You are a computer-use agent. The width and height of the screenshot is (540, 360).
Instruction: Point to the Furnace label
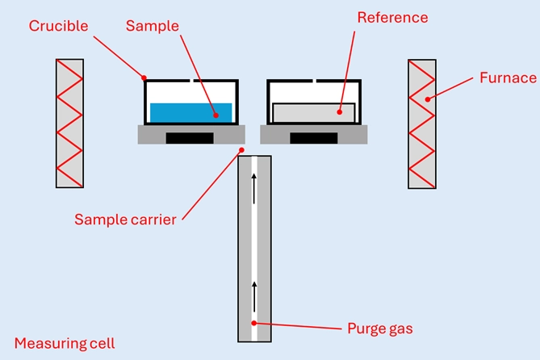(508, 78)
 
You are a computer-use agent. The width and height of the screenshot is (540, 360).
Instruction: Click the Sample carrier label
(125, 219)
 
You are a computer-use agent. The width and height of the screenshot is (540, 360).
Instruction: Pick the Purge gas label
(379, 329)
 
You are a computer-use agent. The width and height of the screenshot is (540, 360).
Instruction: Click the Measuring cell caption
(65, 343)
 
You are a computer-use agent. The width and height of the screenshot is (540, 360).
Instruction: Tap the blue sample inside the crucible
(191, 111)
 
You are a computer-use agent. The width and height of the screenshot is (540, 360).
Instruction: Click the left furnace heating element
(69, 123)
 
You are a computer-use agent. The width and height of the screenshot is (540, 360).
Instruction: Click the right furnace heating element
(422, 123)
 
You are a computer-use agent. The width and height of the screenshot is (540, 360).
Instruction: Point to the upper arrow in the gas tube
(254, 187)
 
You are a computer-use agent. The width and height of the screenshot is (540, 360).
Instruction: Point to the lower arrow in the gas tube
(254, 298)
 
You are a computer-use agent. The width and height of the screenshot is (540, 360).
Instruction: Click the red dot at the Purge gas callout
(254, 324)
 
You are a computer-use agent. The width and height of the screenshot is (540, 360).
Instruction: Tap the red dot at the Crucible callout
(144, 78)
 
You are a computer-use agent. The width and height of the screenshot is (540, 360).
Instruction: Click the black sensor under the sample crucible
(190, 137)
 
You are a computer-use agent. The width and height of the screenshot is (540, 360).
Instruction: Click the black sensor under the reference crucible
(313, 137)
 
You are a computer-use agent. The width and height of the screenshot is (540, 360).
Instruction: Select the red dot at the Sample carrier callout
(240, 149)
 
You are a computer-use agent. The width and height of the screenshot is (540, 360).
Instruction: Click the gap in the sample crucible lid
(191, 81)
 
